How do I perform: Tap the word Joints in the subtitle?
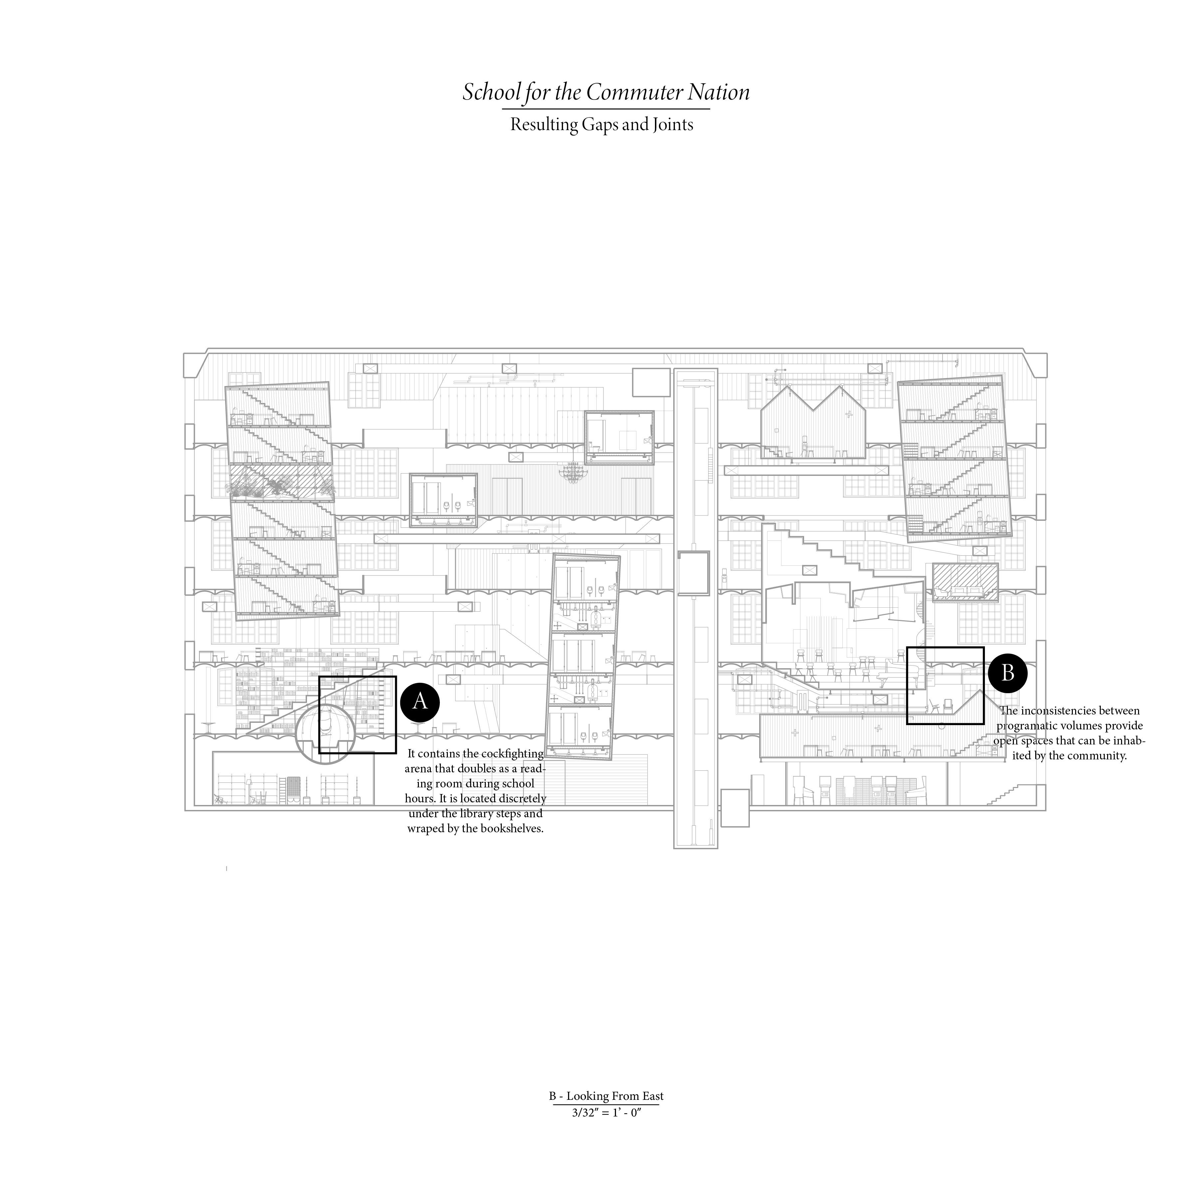coord(672,125)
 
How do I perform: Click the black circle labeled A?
coord(420,702)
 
